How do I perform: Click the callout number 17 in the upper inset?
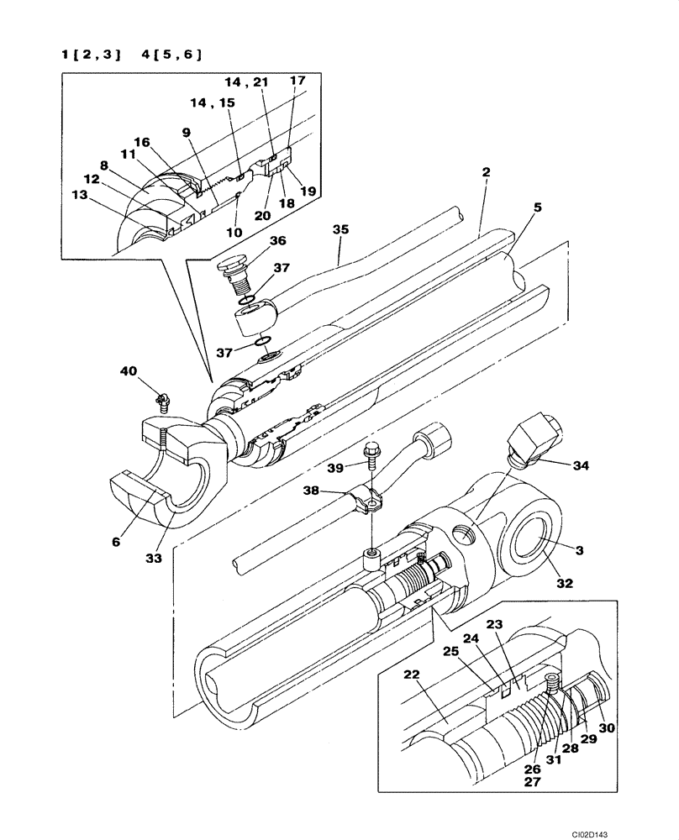point(297,81)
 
